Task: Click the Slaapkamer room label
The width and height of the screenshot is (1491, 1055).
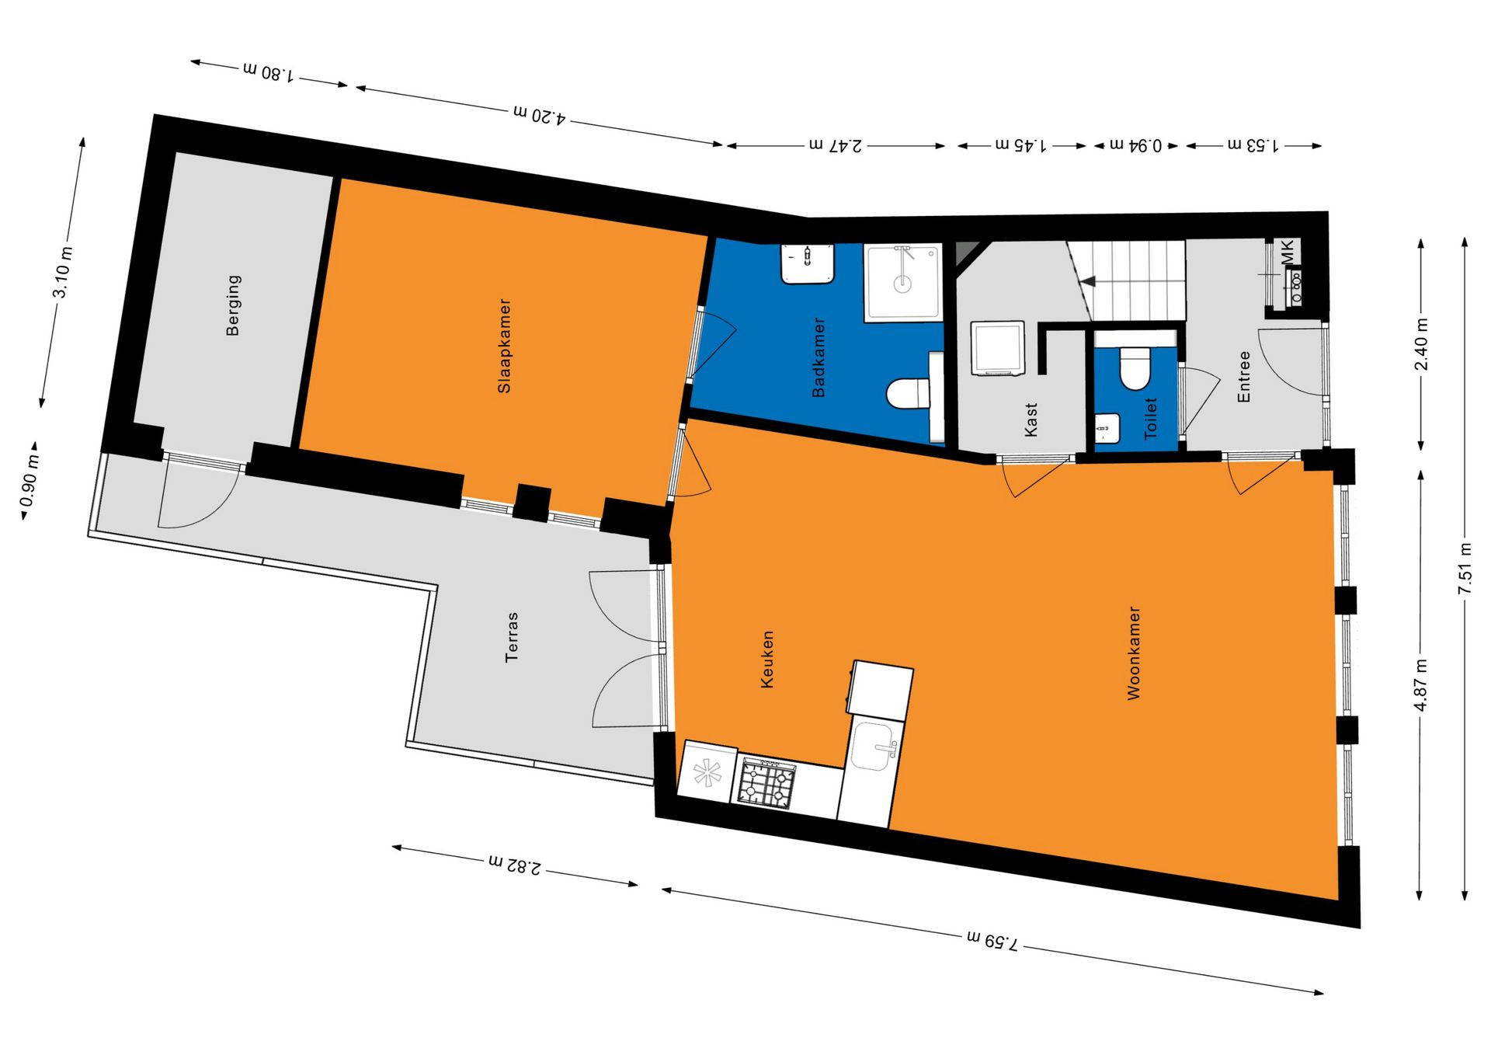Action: (x=505, y=346)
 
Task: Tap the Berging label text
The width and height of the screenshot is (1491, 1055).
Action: (x=233, y=305)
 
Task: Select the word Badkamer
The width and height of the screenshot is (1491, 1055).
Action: (x=818, y=357)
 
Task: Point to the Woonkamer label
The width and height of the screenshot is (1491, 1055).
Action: (x=1135, y=653)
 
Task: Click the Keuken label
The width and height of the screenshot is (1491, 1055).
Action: (x=767, y=660)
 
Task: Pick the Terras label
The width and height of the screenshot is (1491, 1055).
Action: (x=512, y=637)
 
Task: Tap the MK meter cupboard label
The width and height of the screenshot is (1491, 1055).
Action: (x=1288, y=252)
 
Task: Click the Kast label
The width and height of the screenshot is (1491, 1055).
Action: (x=1031, y=420)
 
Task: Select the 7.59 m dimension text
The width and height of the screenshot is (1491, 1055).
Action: (x=992, y=941)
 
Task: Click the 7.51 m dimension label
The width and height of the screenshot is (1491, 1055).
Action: (x=1465, y=569)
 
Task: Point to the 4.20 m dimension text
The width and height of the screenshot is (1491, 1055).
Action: (x=540, y=115)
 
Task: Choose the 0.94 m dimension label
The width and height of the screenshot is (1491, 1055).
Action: (x=1135, y=145)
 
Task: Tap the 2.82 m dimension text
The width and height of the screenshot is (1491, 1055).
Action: (x=515, y=865)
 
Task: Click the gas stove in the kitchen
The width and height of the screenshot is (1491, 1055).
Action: (x=766, y=783)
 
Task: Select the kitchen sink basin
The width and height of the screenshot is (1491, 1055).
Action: (x=876, y=746)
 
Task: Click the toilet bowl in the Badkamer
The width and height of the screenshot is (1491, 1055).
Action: (x=907, y=392)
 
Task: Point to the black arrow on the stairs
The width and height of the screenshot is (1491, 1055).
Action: (x=1089, y=281)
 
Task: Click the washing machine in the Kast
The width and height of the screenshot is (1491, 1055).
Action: (x=998, y=349)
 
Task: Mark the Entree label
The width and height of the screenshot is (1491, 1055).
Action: (x=1244, y=377)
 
